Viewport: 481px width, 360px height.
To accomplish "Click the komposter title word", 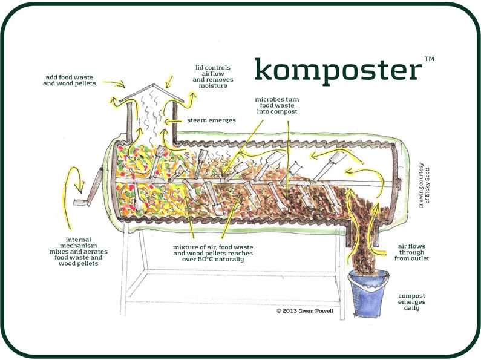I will point(337,71).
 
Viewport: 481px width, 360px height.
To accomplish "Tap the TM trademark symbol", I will point(429,59).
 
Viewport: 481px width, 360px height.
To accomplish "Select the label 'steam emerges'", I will point(211,120).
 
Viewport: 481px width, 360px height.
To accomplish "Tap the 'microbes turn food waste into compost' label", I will point(276,105).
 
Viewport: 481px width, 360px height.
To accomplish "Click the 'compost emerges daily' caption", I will point(411,301).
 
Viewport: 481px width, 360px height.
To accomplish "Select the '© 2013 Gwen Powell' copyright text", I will point(304,311).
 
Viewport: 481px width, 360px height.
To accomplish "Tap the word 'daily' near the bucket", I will point(411,309).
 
